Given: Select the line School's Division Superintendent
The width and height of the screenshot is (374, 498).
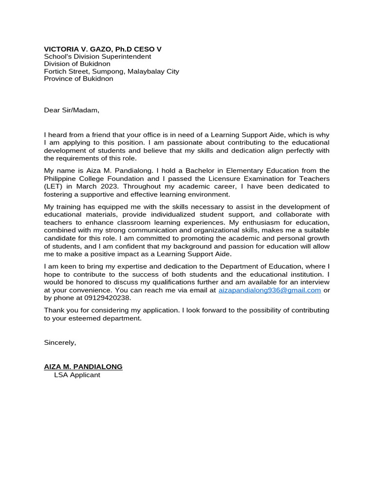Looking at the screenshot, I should [97, 56].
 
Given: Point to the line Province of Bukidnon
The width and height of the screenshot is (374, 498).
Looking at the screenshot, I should [78, 78].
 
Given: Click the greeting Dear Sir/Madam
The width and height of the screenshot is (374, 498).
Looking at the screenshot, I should [72, 110].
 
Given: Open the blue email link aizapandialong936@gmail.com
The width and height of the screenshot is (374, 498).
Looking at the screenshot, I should [269, 290].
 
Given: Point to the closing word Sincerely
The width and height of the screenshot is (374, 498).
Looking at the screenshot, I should [60, 342].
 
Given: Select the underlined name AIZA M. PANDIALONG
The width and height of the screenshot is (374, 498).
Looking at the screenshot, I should [83, 367].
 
